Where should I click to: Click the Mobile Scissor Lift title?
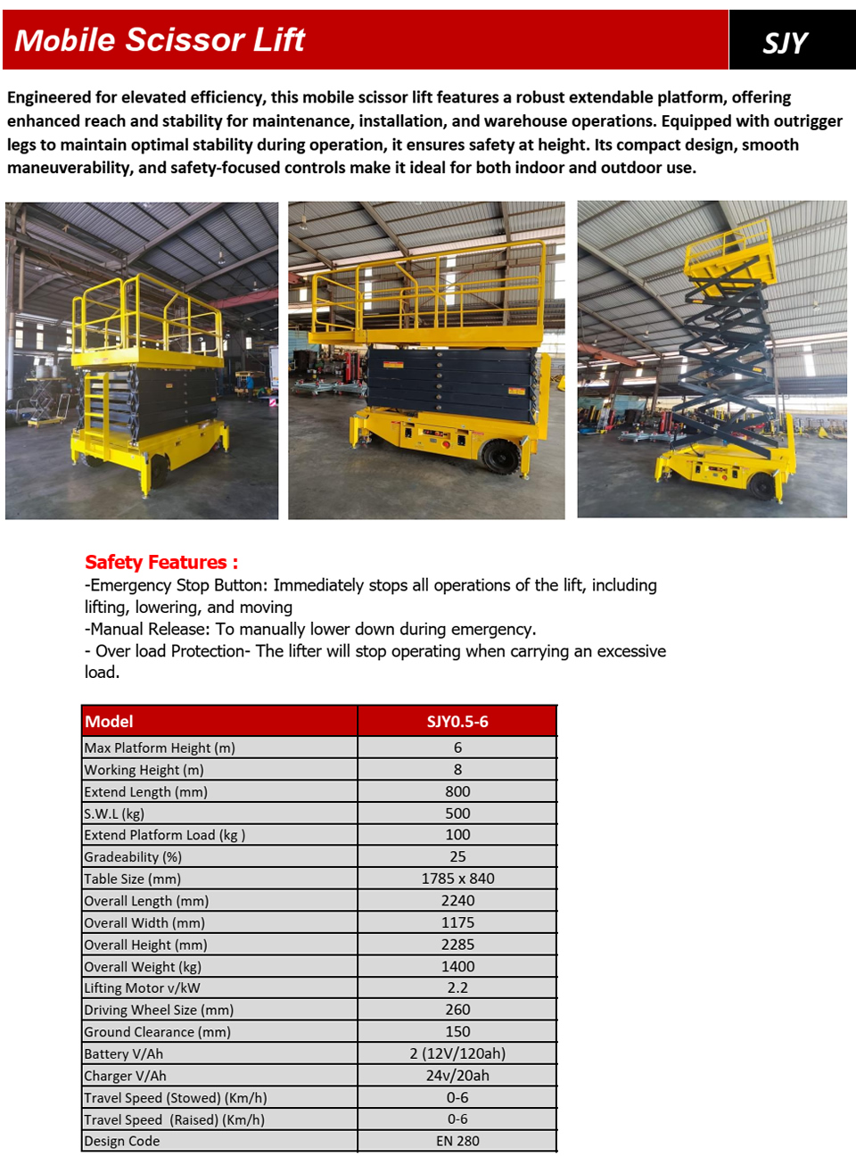[160, 40]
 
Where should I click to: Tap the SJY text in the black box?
[785, 43]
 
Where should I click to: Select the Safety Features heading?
[161, 562]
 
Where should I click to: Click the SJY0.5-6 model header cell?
[457, 721]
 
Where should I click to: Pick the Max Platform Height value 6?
[457, 748]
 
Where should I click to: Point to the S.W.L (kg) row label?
[114, 814]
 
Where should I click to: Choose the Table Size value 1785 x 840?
[457, 879]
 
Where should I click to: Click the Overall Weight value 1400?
[457, 966]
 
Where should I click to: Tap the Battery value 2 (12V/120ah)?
[457, 1053]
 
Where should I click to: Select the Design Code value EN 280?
[457, 1141]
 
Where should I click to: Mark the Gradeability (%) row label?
[133, 857]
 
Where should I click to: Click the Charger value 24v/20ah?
[457, 1076]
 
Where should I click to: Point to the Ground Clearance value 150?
[457, 1032]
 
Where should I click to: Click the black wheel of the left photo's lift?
[158, 470]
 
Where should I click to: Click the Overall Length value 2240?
[457, 901]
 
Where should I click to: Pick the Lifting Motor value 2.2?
[457, 988]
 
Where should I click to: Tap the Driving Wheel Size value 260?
[457, 1010]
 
